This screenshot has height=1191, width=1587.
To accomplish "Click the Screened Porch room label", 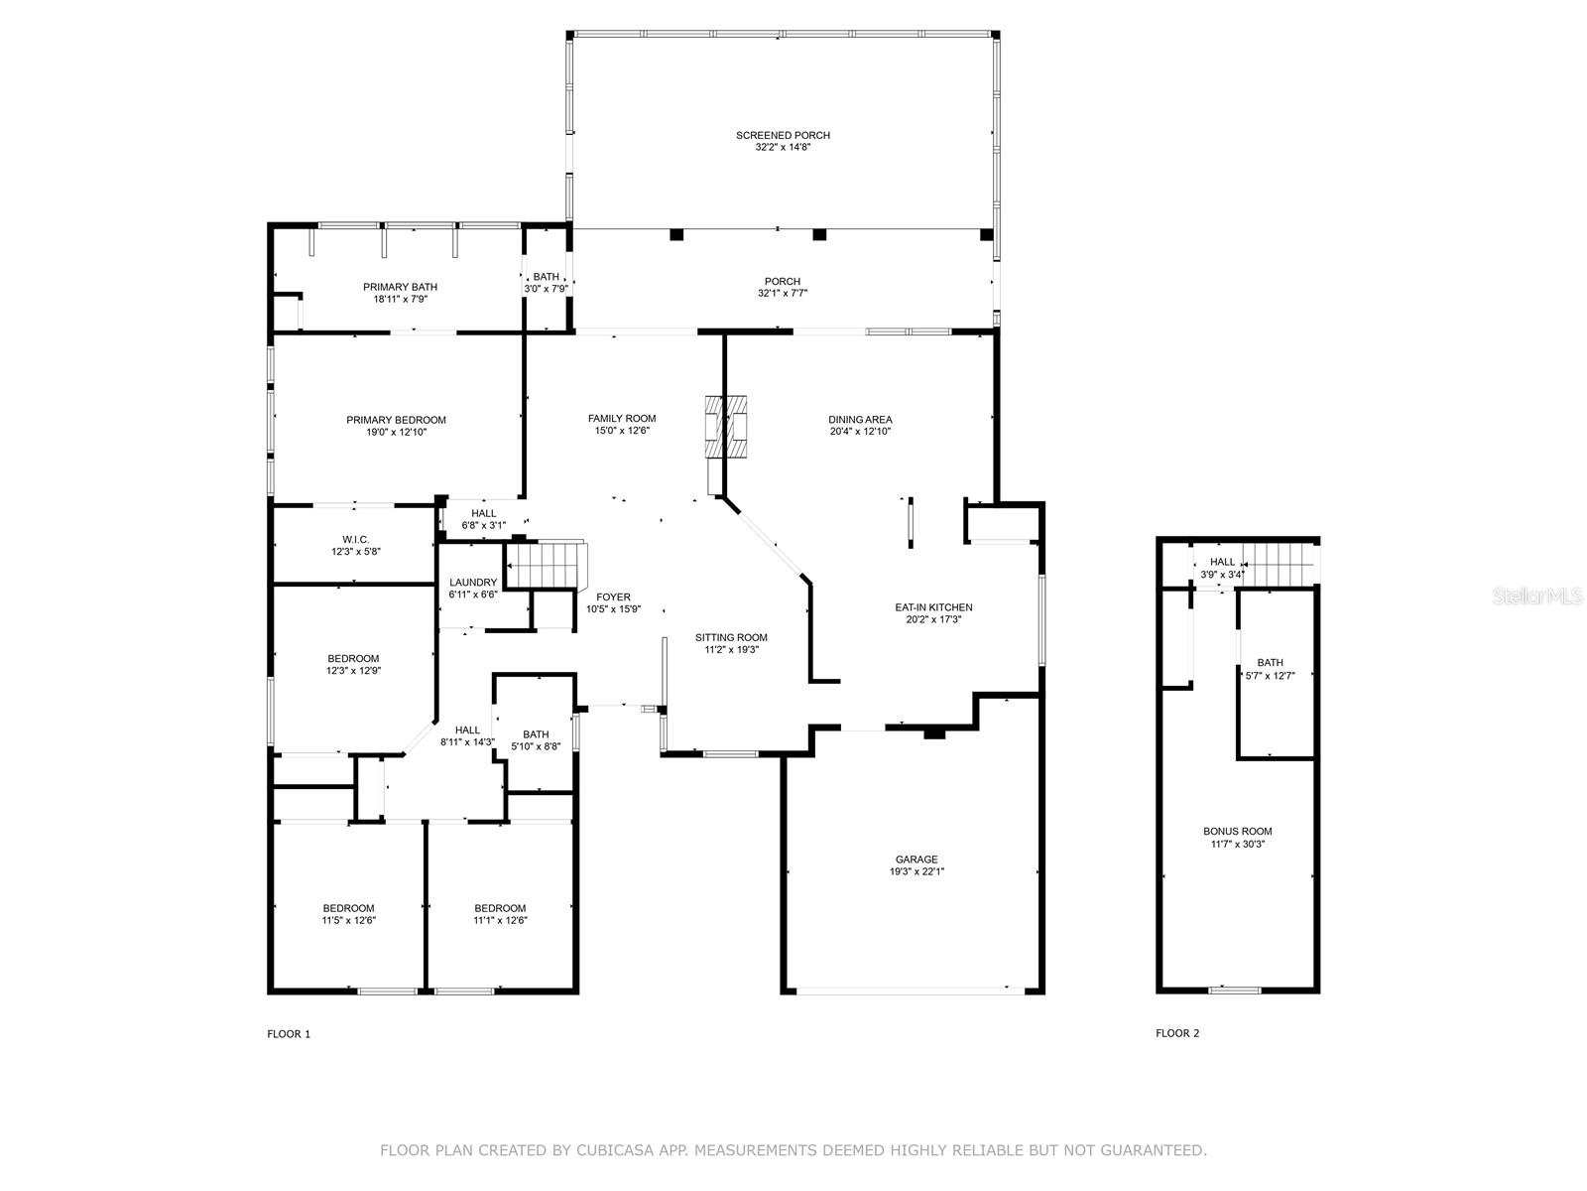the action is (x=783, y=135).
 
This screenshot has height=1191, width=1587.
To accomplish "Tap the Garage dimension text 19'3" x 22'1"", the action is (x=916, y=871).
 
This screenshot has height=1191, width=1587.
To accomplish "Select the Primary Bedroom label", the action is (x=396, y=420).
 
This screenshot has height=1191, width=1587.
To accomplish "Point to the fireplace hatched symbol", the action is (x=726, y=426).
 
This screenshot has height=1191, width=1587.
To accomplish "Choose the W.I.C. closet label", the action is (x=356, y=540).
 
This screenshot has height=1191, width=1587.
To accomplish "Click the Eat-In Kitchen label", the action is (x=933, y=607).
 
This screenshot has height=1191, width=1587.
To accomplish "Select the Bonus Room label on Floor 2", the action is (x=1237, y=832).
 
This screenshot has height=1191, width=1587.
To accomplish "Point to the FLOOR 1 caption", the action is (x=289, y=1034).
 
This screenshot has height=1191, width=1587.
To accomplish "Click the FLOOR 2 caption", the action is (x=1177, y=1033).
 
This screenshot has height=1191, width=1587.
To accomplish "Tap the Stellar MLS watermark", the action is (x=1537, y=595).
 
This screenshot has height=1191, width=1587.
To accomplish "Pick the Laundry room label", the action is (x=473, y=583).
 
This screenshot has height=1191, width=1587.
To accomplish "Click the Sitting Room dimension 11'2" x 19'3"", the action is (x=732, y=649).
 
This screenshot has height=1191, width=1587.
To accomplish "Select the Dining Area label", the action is (x=860, y=420).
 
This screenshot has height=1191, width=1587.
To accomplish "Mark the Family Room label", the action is (x=622, y=418).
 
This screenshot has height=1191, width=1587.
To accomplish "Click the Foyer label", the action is (x=613, y=597).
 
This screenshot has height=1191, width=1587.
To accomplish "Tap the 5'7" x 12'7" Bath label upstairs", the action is (x=1270, y=676).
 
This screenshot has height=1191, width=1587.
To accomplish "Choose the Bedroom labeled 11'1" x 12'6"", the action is (x=500, y=914).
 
